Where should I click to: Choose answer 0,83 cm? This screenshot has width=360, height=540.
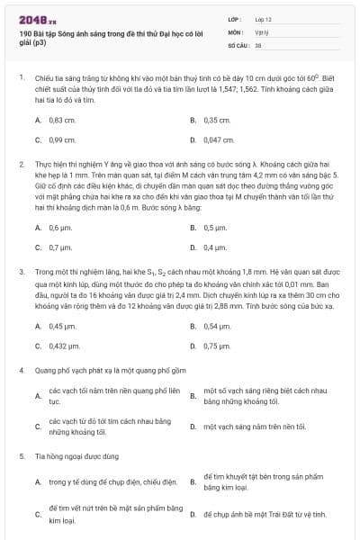(62, 119)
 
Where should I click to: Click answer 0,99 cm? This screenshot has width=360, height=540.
(62, 139)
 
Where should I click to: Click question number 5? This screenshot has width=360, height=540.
(21, 456)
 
